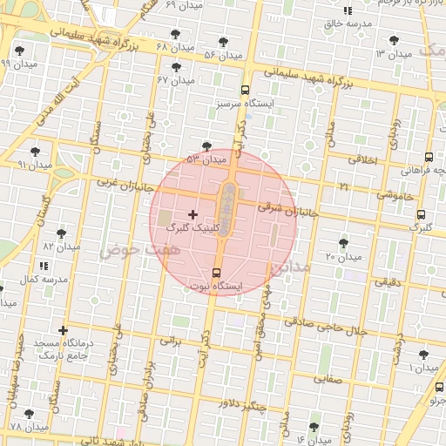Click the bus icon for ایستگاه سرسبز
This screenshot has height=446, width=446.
245,90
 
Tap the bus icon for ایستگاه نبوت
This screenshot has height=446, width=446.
217,273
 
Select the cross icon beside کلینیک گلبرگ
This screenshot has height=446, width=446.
193,213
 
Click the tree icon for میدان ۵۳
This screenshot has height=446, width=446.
206,146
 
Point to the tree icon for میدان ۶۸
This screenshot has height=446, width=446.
176,34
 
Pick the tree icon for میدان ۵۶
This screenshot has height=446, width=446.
224,41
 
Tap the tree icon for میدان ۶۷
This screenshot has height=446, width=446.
177,66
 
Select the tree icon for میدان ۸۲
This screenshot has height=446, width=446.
61,233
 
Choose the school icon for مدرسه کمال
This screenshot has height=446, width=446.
44,266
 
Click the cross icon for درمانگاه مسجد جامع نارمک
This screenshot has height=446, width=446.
63,330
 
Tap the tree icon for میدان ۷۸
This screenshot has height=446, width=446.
30,414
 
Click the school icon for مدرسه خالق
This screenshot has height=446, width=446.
348,11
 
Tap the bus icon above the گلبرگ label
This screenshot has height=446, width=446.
422,214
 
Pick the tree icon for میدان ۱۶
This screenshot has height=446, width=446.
314,427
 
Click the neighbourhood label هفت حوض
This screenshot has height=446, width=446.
126,251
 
